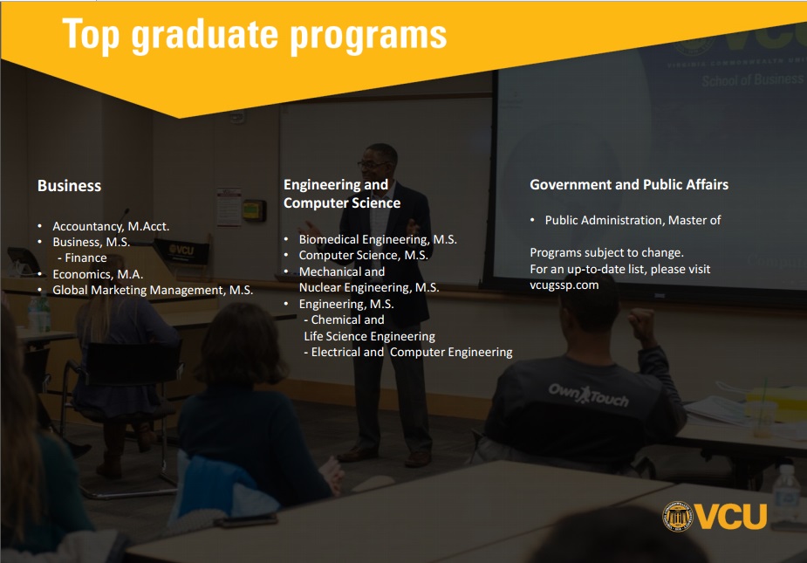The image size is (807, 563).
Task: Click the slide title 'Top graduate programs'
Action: tap(254, 35)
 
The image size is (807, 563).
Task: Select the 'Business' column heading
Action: tap(70, 185)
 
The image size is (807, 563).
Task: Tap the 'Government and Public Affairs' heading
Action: tap(629, 184)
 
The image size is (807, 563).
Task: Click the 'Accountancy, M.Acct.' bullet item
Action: tap(111, 226)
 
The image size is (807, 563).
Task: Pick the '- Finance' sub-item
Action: tap(82, 257)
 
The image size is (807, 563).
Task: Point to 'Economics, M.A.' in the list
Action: tap(98, 274)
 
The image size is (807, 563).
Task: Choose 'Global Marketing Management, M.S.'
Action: tap(153, 290)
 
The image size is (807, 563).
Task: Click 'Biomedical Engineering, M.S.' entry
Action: tap(378, 239)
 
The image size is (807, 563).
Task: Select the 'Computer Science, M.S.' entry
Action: tap(363, 256)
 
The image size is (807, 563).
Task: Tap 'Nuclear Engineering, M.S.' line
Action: tap(369, 287)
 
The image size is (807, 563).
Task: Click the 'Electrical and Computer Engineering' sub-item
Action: tap(408, 352)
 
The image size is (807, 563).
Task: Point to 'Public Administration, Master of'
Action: tap(633, 221)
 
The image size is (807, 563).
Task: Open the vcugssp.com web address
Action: tap(564, 285)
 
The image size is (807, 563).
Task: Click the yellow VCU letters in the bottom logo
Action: tap(731, 516)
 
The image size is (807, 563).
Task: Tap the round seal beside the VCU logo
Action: tap(677, 516)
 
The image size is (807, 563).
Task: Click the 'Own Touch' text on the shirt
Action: tap(588, 395)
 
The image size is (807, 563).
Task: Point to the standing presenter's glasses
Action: tap(373, 164)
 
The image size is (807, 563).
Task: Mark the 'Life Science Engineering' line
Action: tap(370, 336)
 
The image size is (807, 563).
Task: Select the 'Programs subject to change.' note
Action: tap(607, 253)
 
